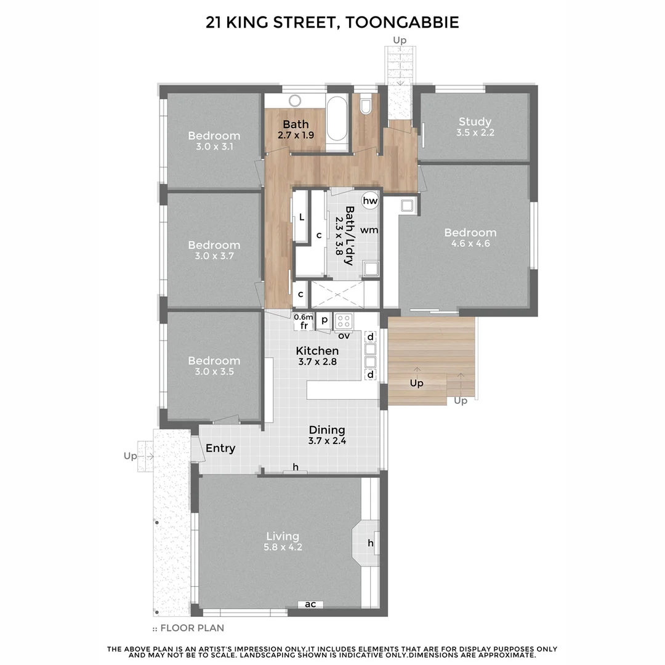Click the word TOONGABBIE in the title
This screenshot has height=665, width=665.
[402, 23]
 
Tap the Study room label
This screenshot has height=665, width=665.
[475, 121]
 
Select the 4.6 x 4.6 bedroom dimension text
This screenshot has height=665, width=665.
[470, 244]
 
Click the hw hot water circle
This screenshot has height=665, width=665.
[370, 201]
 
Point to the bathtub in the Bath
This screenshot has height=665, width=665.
[337, 119]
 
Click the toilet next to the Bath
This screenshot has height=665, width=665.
[366, 106]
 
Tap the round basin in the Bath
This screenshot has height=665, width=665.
[294, 101]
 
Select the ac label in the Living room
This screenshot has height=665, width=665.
[311, 604]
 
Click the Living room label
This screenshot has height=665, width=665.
[283, 536]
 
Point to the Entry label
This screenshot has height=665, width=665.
[220, 448]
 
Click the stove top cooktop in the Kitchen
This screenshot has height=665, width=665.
[344, 321]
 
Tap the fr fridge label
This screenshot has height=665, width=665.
[304, 326]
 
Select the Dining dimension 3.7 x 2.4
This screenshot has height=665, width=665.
[327, 441]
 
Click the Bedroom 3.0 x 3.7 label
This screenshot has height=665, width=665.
[214, 245]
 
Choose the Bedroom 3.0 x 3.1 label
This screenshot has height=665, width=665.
[214, 136]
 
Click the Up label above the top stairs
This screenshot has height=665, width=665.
[400, 41]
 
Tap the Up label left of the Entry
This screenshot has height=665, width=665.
[130, 456]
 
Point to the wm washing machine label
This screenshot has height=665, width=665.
[369, 230]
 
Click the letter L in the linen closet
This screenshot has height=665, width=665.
[301, 217]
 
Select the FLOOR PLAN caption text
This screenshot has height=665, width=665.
[192, 628]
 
